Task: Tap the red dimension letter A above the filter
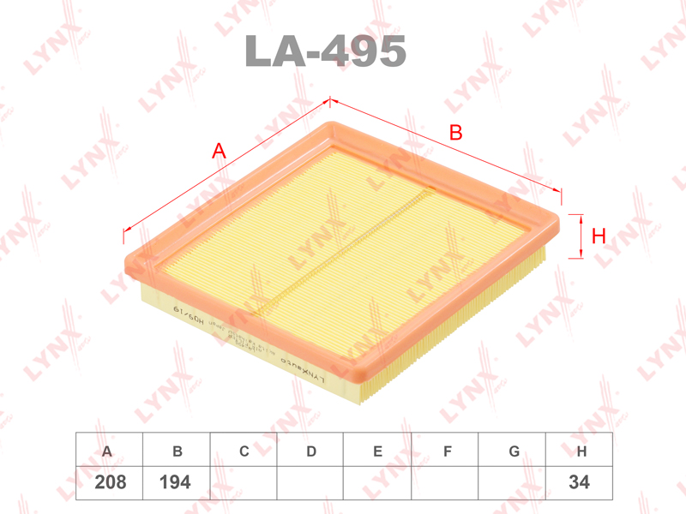point(219,152)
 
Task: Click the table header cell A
point(107,451)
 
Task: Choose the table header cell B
point(178,451)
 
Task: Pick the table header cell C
point(244,451)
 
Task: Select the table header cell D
point(311,451)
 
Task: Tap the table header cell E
point(377,451)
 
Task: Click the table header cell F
point(446,451)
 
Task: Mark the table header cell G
point(513,451)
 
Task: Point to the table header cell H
point(581,451)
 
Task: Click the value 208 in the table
point(109,482)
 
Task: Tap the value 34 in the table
point(580,482)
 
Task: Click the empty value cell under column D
point(311,482)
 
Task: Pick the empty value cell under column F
point(446,482)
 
